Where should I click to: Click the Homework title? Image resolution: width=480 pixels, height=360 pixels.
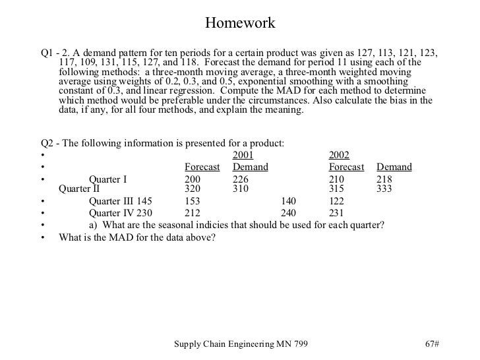[x=239, y=24]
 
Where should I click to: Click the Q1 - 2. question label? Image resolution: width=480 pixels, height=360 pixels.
[x=56, y=53]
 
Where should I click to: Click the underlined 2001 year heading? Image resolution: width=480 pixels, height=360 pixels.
[x=244, y=155]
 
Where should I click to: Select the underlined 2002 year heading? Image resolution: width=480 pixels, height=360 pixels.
[x=339, y=155]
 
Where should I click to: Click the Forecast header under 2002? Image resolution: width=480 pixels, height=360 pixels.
[x=346, y=167]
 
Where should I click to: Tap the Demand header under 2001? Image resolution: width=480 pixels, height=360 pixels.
[x=251, y=167]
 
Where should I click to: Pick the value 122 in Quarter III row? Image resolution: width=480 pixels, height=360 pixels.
[x=337, y=201]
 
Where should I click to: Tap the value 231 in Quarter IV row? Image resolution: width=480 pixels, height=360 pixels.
[x=337, y=213]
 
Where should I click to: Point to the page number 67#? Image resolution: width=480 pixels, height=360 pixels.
[x=433, y=345]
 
